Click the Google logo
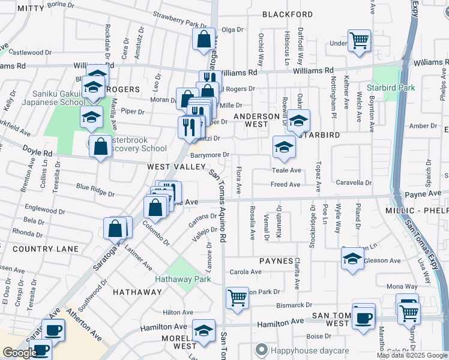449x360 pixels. coord(19,353)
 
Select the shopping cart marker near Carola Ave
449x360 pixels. coord(238,297)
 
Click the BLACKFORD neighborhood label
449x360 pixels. coord(288,14)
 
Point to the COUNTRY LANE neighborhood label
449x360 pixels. coord(46,249)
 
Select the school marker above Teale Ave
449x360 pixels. coord(285,146)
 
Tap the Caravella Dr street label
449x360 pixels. coord(354,182)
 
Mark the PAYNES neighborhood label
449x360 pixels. coord(276,262)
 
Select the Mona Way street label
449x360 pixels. coord(402,287)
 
